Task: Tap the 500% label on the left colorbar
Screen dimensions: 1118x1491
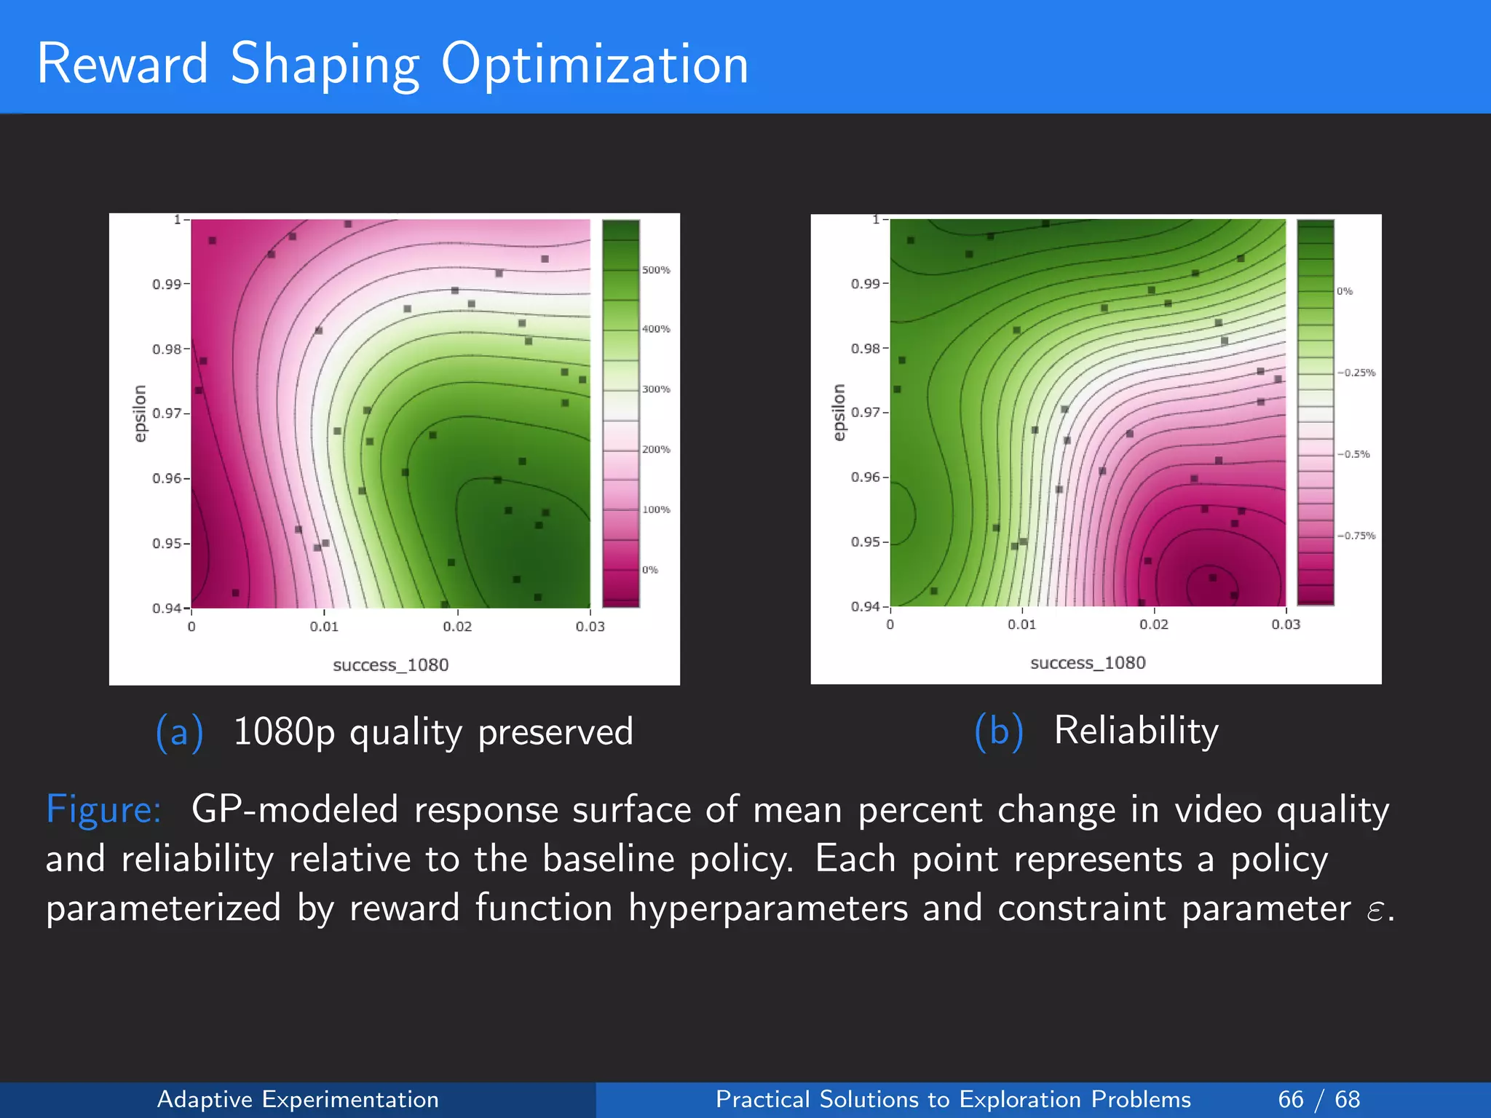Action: tap(655, 270)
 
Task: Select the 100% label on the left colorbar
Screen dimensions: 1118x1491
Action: tap(655, 510)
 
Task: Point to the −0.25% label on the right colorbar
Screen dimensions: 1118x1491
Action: tap(1356, 373)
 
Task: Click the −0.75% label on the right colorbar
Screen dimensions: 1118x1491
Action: tap(1356, 536)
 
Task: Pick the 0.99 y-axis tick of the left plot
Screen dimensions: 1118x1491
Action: tap(167, 284)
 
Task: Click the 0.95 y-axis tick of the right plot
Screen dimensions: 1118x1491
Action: tap(865, 542)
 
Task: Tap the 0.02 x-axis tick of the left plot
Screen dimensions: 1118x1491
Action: tap(457, 627)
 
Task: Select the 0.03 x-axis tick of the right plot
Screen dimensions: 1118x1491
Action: tap(1286, 625)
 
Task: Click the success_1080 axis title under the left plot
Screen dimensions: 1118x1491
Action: tap(390, 665)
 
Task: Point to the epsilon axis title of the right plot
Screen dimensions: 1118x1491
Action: tap(839, 412)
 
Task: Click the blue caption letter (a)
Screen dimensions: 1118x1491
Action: tap(179, 732)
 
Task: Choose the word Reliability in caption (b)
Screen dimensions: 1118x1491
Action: tap(1136, 731)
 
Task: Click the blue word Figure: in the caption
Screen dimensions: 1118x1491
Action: tap(103, 809)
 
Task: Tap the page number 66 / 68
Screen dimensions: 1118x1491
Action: tap(1318, 1099)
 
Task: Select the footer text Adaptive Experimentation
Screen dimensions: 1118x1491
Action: tap(298, 1099)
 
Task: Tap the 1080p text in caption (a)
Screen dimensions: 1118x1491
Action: tap(284, 732)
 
